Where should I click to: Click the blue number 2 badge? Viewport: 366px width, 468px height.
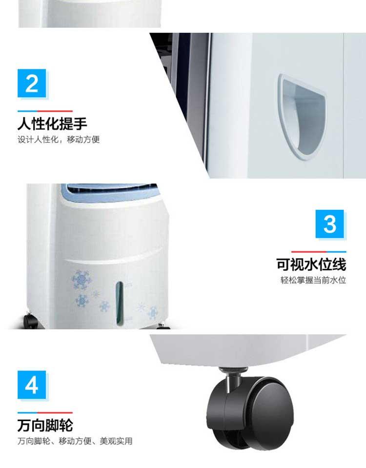(32, 83)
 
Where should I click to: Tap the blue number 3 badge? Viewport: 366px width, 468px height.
(329, 224)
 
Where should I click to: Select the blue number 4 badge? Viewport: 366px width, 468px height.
(32, 385)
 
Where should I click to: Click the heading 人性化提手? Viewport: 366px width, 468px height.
(52, 123)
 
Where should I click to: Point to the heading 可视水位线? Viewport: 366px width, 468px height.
(311, 264)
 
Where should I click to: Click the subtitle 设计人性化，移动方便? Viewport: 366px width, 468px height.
(59, 140)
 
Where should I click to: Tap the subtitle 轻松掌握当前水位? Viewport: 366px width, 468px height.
(313, 280)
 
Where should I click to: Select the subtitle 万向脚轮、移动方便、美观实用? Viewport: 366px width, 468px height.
(75, 441)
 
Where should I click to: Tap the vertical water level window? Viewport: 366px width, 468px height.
(120, 303)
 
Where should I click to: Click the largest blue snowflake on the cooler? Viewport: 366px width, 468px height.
(81, 280)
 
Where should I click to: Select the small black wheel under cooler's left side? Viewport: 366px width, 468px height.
(30, 321)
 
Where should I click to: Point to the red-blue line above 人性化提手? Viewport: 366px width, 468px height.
(45, 111)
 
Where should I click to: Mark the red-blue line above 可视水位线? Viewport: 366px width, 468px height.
(319, 252)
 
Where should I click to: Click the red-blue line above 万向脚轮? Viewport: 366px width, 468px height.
(45, 413)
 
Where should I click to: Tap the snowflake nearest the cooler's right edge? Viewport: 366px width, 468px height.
(153, 312)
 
